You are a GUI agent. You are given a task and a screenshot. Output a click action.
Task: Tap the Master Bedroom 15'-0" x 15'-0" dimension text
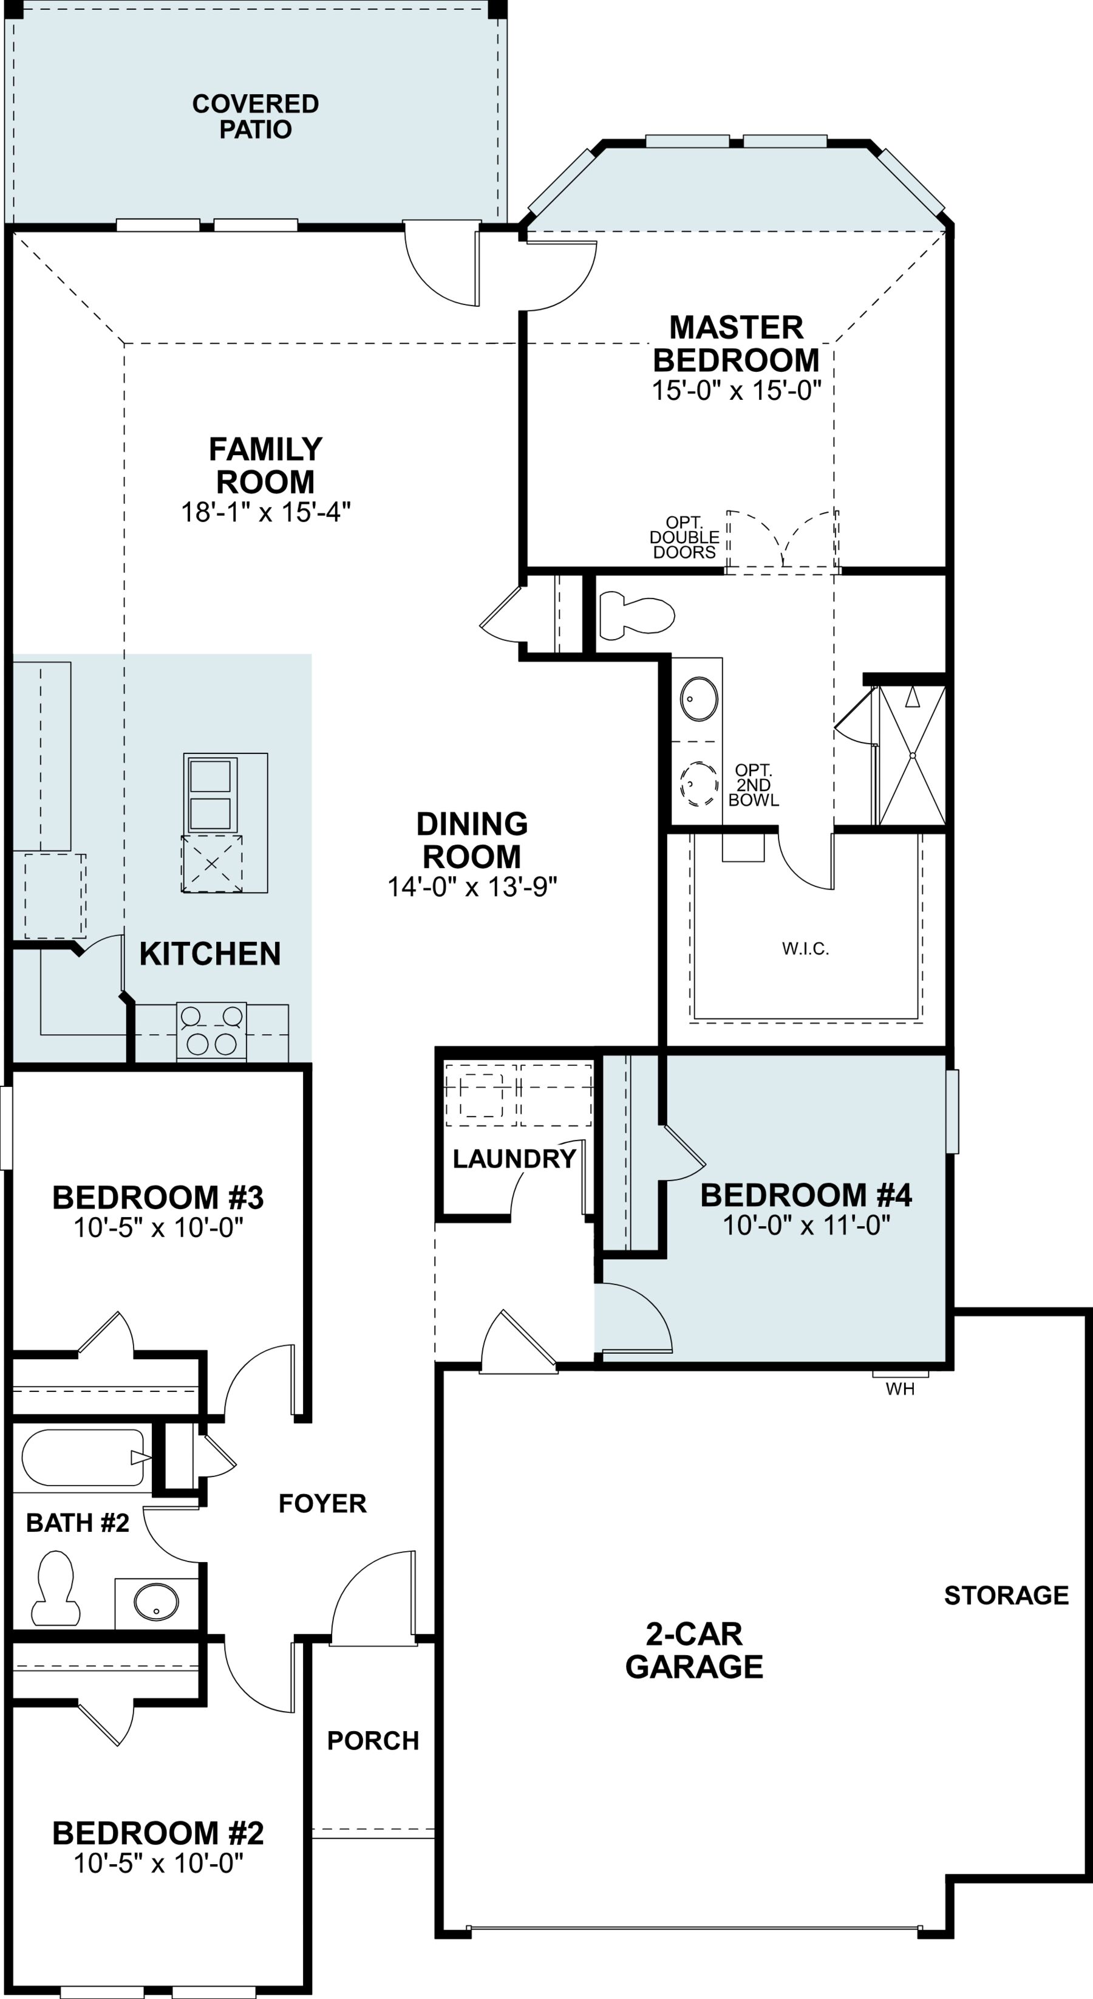736,389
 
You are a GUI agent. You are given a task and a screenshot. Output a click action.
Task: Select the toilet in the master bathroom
637,615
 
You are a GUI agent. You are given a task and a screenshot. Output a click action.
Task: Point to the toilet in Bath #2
55,1588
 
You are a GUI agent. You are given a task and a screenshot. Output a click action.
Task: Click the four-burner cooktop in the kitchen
211,1030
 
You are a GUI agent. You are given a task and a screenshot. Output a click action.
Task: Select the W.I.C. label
805,948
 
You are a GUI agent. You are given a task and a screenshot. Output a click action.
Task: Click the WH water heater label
900,1389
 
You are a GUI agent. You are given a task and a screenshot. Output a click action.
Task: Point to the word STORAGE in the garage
1006,1596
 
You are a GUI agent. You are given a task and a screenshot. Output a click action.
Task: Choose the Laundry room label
514,1159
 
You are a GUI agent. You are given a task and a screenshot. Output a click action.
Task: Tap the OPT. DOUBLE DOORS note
684,537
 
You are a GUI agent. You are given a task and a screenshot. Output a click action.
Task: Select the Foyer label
322,1503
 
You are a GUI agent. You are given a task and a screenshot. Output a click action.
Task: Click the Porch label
372,1741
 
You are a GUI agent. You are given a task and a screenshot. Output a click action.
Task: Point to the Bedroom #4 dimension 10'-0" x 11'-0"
806,1224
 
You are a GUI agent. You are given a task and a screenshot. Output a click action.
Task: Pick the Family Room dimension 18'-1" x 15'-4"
265,512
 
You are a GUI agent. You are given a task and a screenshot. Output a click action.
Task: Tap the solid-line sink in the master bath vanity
699,698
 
